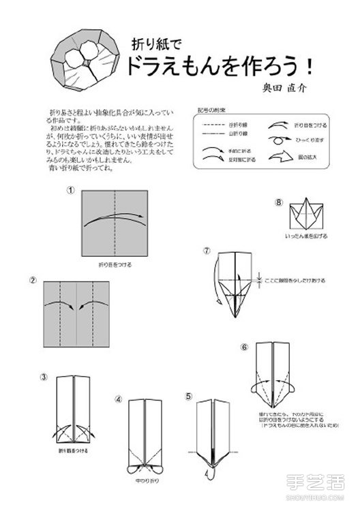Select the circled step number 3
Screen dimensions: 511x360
click(x=43, y=377)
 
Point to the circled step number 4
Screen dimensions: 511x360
click(x=118, y=399)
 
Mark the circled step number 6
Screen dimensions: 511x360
click(x=244, y=346)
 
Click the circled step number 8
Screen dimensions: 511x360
click(x=278, y=202)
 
